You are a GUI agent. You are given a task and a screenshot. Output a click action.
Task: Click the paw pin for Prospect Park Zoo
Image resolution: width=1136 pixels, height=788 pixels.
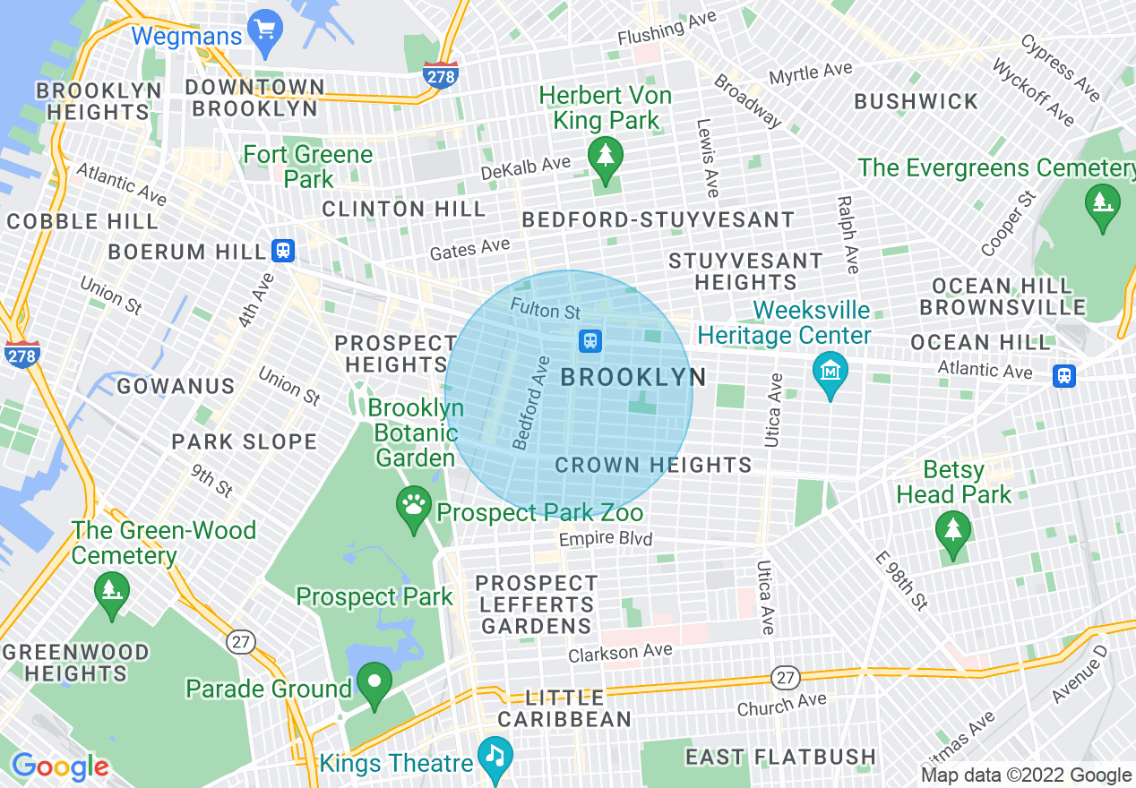pyautogui.click(x=413, y=508)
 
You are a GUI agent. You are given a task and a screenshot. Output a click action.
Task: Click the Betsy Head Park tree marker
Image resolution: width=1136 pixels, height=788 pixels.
pyautogui.click(x=952, y=532)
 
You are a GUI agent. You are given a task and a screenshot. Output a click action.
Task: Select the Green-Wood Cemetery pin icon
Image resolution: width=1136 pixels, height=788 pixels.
pyautogui.click(x=112, y=592)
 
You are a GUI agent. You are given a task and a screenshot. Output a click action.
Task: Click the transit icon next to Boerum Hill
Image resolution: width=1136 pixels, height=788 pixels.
pyautogui.click(x=284, y=251)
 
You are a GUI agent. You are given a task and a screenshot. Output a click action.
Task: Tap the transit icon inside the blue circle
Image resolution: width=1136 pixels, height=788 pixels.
pyautogui.click(x=590, y=340)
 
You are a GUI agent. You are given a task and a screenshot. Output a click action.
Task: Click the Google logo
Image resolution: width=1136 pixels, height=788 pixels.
pyautogui.click(x=60, y=767)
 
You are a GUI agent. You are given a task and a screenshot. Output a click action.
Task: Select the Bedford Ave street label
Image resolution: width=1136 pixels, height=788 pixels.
pyautogui.click(x=530, y=403)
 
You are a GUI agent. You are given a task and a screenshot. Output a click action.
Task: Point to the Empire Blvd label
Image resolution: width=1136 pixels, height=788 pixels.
pyautogui.click(x=606, y=539)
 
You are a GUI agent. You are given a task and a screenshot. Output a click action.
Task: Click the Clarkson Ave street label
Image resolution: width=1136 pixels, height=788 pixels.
pyautogui.click(x=620, y=653)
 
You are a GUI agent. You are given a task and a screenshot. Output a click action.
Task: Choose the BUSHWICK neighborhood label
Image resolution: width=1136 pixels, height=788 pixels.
pyautogui.click(x=916, y=102)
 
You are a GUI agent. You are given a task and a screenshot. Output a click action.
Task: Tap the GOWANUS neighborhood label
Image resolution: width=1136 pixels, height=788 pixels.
pyautogui.click(x=176, y=386)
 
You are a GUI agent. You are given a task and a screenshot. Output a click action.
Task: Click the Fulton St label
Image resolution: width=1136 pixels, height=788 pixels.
pyautogui.click(x=546, y=310)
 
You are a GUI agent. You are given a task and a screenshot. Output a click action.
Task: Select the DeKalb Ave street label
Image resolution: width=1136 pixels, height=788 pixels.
pyautogui.click(x=526, y=167)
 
